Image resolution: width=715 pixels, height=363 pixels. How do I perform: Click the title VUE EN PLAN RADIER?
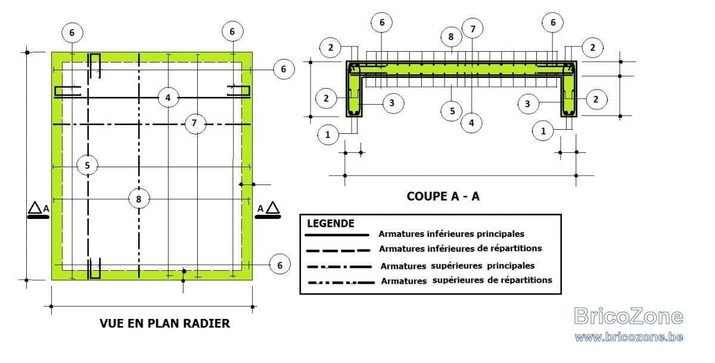(x=164, y=324)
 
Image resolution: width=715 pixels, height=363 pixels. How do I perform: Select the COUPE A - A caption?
(x=443, y=196)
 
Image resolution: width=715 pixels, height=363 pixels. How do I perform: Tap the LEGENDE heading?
(x=330, y=223)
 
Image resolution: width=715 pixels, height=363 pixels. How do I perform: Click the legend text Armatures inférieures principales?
(x=452, y=234)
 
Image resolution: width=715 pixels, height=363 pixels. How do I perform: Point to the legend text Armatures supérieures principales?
(x=458, y=266)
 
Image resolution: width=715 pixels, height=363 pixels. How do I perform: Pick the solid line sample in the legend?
(x=337, y=235)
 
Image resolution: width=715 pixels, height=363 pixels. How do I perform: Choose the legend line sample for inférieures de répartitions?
(x=338, y=251)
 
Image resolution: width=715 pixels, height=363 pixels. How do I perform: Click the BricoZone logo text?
(x=628, y=316)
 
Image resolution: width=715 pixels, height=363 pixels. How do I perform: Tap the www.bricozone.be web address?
(x=629, y=337)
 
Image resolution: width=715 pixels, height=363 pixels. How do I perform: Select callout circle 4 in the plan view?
(x=168, y=98)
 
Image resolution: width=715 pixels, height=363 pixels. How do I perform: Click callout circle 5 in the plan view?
(x=87, y=165)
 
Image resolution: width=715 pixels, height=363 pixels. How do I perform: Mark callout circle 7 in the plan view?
(x=195, y=123)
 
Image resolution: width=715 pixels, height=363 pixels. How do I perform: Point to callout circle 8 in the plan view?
(x=139, y=199)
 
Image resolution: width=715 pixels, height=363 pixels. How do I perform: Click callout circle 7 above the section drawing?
(x=472, y=29)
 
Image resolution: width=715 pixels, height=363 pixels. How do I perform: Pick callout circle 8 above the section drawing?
(x=451, y=37)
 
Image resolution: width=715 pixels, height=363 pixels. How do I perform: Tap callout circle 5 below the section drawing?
(x=452, y=111)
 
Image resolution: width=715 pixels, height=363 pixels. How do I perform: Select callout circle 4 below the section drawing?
(x=471, y=123)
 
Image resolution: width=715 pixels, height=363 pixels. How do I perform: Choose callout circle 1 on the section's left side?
(x=328, y=134)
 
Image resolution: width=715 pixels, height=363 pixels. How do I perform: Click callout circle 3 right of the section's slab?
(x=528, y=104)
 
